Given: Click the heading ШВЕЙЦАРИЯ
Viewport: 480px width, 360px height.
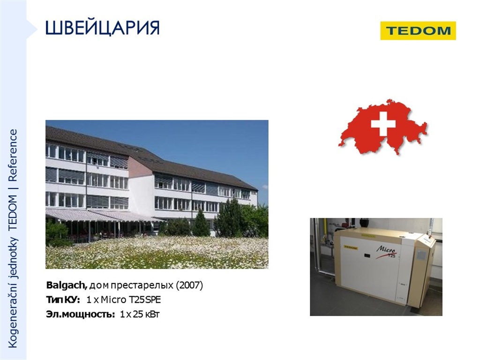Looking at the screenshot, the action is click(x=103, y=28).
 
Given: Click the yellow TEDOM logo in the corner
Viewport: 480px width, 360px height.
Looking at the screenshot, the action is click(x=418, y=30).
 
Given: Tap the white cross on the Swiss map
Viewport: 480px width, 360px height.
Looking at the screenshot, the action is click(x=383, y=124).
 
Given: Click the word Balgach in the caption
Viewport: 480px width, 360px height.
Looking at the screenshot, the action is click(x=67, y=285).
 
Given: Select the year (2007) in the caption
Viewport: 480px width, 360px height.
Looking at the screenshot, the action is click(x=189, y=285).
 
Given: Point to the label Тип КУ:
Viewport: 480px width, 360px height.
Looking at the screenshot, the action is click(x=63, y=300).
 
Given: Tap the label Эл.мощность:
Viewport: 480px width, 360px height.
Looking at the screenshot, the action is click(x=81, y=315).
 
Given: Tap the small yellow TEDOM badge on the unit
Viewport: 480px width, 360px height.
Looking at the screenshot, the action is click(x=351, y=247).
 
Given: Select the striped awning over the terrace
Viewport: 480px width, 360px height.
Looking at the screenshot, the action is click(x=101, y=215).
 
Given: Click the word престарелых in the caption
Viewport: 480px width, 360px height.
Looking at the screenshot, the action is click(x=142, y=285).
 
